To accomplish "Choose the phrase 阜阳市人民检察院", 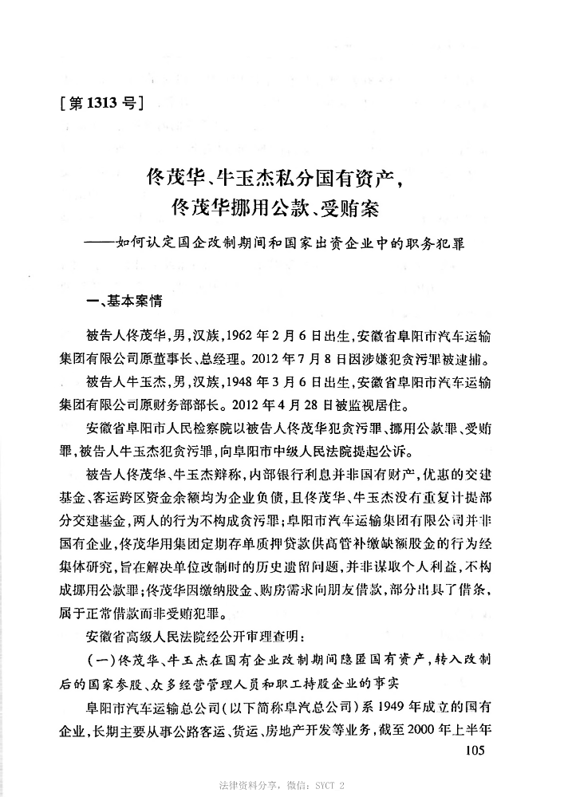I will click(179, 420).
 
